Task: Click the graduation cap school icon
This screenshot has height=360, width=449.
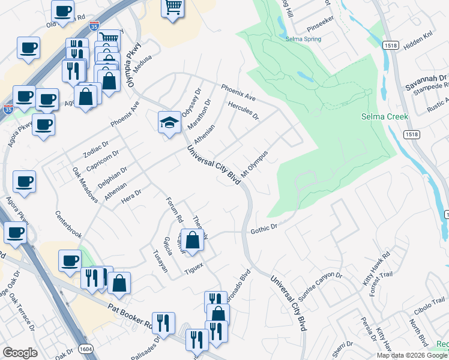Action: coord(169,122)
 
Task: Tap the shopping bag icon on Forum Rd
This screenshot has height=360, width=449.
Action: coord(192,240)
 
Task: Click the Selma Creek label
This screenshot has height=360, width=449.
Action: coord(385,116)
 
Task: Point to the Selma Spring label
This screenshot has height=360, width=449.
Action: coord(303,39)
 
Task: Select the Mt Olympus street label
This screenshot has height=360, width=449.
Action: coord(254,163)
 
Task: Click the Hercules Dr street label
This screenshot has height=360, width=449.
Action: coord(243,110)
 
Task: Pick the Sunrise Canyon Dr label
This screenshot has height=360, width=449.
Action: coord(320,287)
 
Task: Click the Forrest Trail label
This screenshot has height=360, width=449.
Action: coord(377,283)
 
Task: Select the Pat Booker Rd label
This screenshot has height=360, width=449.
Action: coord(130,308)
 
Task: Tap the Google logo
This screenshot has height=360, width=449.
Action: coord(20,353)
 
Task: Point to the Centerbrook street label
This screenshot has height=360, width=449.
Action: coord(68,223)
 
